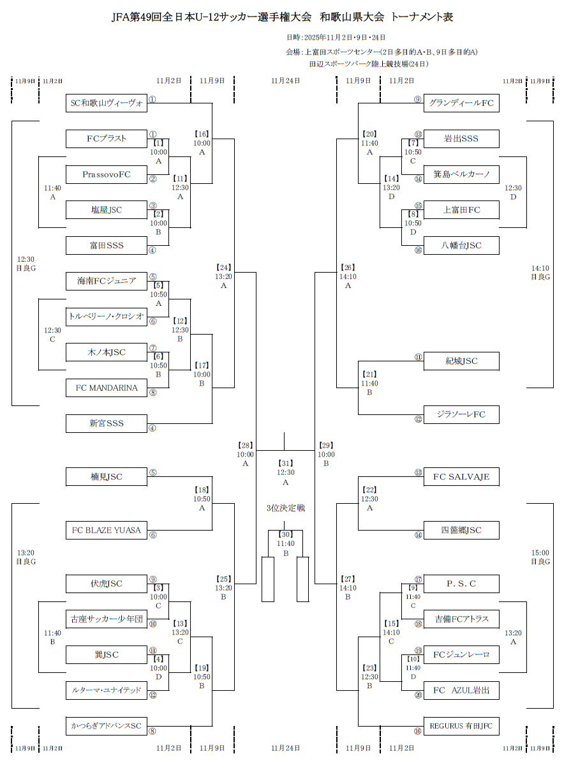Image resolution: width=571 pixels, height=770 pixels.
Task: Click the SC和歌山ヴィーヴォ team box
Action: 107,103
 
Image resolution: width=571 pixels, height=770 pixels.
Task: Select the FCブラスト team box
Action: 107,139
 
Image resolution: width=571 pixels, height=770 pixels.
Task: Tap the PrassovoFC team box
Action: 107,174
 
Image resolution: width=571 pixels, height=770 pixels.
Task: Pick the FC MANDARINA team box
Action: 107,388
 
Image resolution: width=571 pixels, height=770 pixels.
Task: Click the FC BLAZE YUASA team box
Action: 107,530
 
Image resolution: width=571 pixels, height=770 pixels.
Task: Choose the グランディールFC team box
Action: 461,103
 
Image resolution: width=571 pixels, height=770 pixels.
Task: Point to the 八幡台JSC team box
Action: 461,245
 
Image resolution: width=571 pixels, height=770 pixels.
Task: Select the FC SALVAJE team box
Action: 461,476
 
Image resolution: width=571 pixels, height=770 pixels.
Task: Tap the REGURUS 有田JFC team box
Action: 461,726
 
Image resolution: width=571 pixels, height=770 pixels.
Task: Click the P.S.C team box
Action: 461,584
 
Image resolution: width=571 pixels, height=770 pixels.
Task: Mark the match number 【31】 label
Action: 285,463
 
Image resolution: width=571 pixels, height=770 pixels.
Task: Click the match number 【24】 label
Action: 223,268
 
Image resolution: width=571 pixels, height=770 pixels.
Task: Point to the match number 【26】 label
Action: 348,268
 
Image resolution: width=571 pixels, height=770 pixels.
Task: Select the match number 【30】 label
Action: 285,534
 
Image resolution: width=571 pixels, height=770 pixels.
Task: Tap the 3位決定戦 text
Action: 285,508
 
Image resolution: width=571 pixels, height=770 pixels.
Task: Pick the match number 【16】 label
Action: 202,134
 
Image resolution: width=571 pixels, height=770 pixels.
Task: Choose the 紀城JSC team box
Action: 461,361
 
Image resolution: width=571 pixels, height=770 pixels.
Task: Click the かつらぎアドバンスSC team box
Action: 107,726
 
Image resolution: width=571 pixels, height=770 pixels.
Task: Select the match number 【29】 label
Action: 325,445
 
